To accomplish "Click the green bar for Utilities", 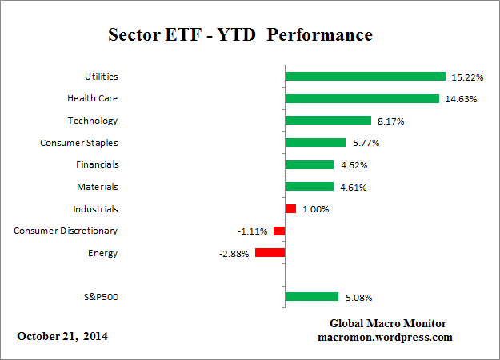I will (x=365, y=77).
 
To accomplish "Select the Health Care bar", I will (x=362, y=99).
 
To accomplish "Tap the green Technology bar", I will (x=328, y=121).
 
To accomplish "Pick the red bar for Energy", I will (x=270, y=253).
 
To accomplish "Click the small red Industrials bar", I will (x=290, y=209).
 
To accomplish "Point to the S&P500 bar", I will (x=312, y=297).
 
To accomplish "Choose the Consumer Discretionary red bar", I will (x=279, y=231).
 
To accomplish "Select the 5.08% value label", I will (x=358, y=298).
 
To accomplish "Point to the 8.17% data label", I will (x=392, y=121).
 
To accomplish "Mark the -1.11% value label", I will (x=252, y=231).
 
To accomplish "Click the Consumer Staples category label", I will (x=78, y=143).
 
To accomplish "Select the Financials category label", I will (x=95, y=164).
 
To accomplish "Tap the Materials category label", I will (x=98, y=187).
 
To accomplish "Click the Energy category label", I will (x=103, y=253).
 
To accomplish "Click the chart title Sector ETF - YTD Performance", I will (x=240, y=37).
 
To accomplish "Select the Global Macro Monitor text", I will (x=388, y=323).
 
